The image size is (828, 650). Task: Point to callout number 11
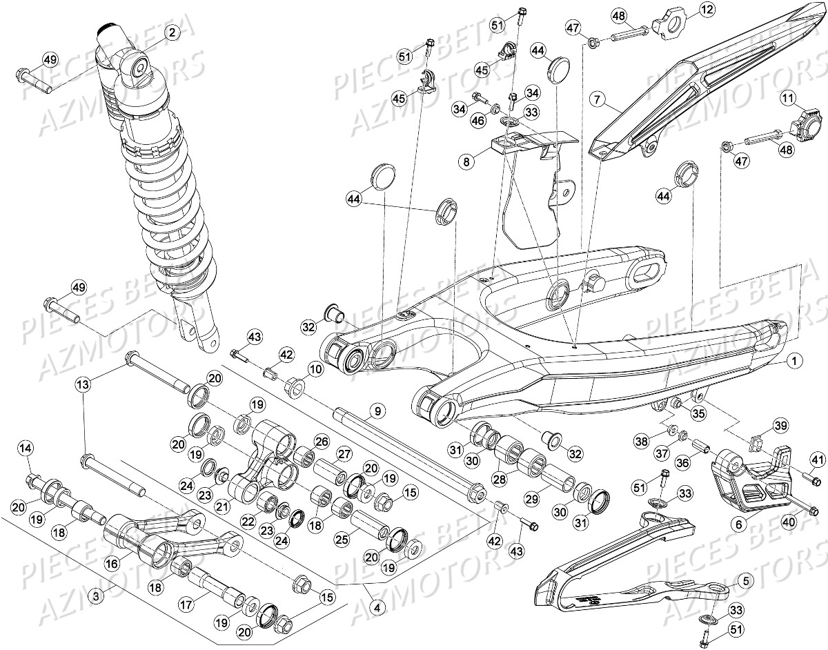[789, 100]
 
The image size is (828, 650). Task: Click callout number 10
[315, 370]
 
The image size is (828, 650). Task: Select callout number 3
[98, 594]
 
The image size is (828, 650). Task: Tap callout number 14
[26, 449]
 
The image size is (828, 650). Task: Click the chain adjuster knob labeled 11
[805, 124]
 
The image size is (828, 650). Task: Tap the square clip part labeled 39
[755, 438]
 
